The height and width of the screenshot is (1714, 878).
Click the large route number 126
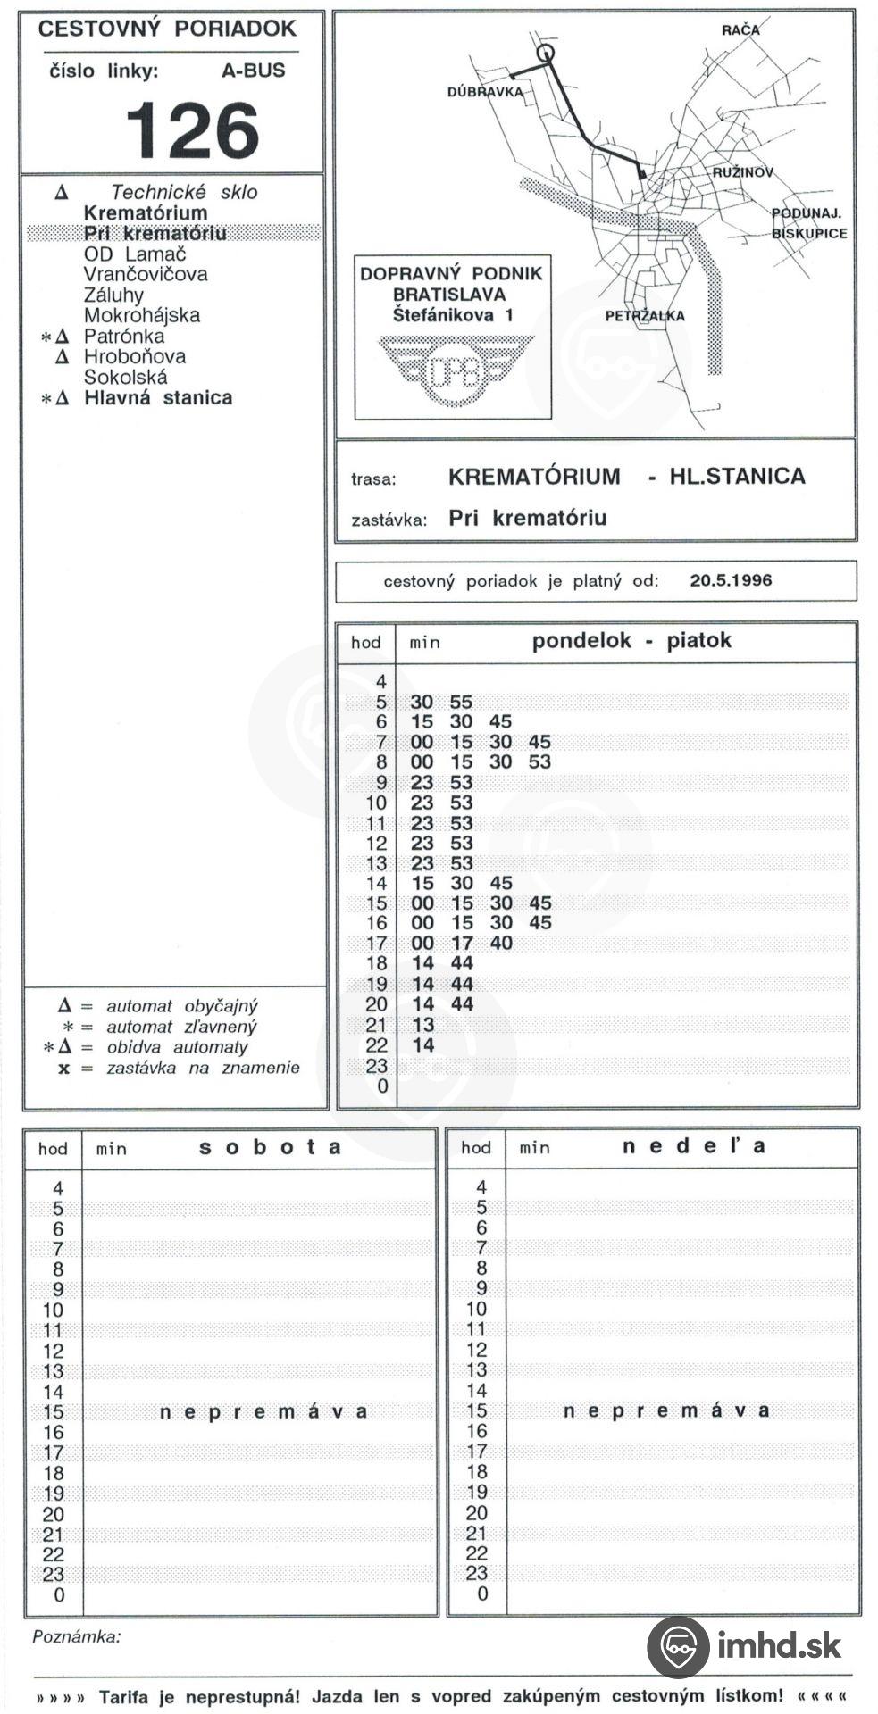pyautogui.click(x=192, y=130)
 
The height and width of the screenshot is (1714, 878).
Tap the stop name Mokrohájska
pyautogui.click(x=142, y=315)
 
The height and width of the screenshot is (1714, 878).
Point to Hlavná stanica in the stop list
pyautogui.click(x=158, y=398)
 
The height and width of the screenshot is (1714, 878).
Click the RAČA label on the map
pyautogui.click(x=740, y=30)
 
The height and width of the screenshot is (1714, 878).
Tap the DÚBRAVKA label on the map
pyautogui.click(x=484, y=91)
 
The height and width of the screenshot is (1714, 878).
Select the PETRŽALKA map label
pyautogui.click(x=644, y=316)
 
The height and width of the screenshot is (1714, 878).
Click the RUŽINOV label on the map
pyautogui.click(x=742, y=172)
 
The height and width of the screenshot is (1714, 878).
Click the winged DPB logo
pyautogui.click(x=455, y=370)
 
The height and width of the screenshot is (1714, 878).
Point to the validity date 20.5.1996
pyautogui.click(x=731, y=580)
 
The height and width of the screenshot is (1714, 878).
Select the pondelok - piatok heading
pyautogui.click(x=631, y=641)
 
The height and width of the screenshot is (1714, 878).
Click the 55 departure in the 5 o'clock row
pyautogui.click(x=461, y=703)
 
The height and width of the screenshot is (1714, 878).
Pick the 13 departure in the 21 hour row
pyautogui.click(x=422, y=1025)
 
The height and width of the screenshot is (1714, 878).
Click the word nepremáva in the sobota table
pyautogui.click(x=263, y=1412)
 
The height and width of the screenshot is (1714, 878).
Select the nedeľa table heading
pyautogui.click(x=693, y=1146)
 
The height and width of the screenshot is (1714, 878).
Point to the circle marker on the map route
pyautogui.click(x=545, y=53)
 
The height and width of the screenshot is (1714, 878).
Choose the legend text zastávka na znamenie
pyautogui.click(x=203, y=1068)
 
